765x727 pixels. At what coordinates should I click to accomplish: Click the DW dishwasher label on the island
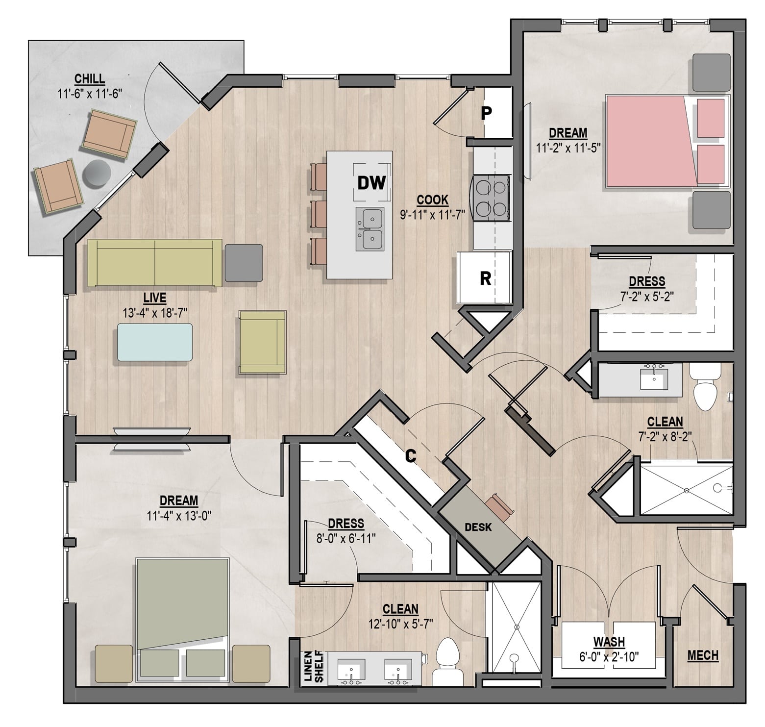372,183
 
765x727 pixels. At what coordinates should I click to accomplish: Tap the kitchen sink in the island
370,228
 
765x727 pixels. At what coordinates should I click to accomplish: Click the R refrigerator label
485,278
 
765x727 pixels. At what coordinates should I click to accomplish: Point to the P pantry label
486,113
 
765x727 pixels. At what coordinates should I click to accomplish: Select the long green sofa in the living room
154,263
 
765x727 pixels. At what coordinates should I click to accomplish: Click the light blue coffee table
154,342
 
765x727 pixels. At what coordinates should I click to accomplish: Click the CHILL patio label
90,78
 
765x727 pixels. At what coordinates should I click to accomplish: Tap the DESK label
478,527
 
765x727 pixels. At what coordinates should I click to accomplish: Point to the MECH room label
703,655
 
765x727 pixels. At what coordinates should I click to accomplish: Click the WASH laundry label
609,641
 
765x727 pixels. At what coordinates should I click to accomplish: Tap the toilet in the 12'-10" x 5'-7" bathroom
446,662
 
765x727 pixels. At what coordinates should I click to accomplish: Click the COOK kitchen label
433,200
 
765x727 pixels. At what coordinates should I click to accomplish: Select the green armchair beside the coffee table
262,342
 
